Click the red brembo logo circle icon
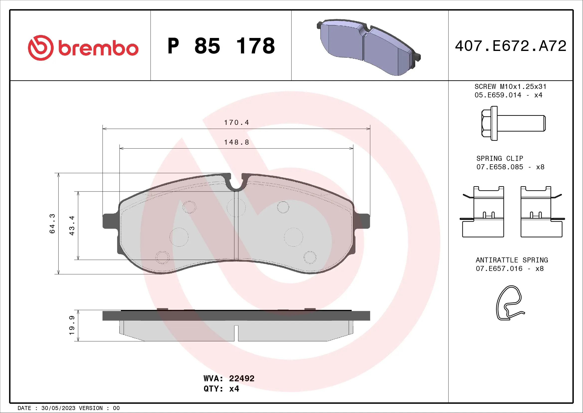click(x=41, y=48)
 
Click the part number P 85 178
click(x=221, y=46)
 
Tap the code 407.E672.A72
click(x=510, y=46)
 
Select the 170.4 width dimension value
click(x=236, y=123)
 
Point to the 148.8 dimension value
click(x=236, y=142)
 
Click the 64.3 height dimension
click(x=52, y=223)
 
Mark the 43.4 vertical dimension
click(x=72, y=225)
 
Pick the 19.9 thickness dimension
click(x=72, y=325)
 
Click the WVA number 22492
click(x=242, y=378)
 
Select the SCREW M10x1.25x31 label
click(x=510, y=87)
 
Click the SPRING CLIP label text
click(x=500, y=159)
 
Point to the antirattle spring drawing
click(x=509, y=303)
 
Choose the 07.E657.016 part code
click(x=499, y=269)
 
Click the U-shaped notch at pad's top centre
click(x=236, y=184)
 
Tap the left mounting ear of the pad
click(x=110, y=221)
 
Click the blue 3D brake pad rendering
click(x=368, y=47)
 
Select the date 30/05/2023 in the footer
click(x=58, y=408)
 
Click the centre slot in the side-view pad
click(x=236, y=333)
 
